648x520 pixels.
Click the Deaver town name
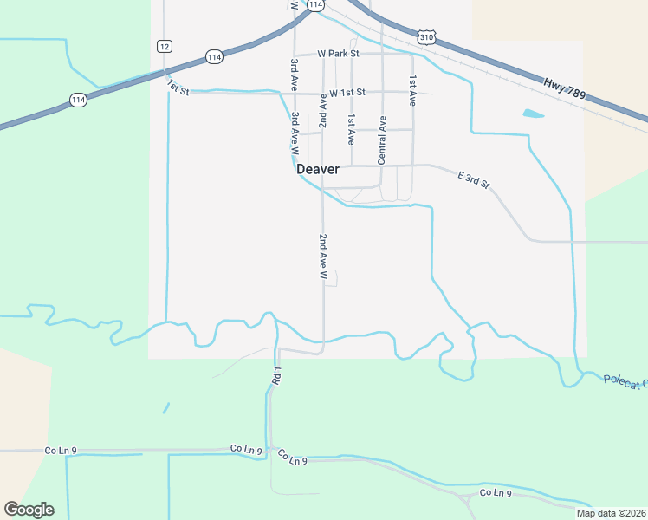pos(317,170)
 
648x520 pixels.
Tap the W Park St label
pos(337,54)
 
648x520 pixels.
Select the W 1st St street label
pos(347,92)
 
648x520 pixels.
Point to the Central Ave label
pos(382,140)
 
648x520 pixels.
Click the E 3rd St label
pos(474,179)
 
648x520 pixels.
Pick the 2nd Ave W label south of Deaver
pos(322,256)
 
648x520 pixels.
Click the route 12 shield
pos(165,45)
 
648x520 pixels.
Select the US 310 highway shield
pos(424,37)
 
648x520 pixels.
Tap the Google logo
pos(29,509)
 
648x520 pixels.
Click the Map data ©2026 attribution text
pos(611,513)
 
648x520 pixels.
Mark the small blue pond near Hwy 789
pos(534,114)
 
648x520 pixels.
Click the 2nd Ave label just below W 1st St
pos(322,113)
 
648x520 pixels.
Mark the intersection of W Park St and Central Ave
pos(382,54)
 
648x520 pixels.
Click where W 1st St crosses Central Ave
pos(382,92)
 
